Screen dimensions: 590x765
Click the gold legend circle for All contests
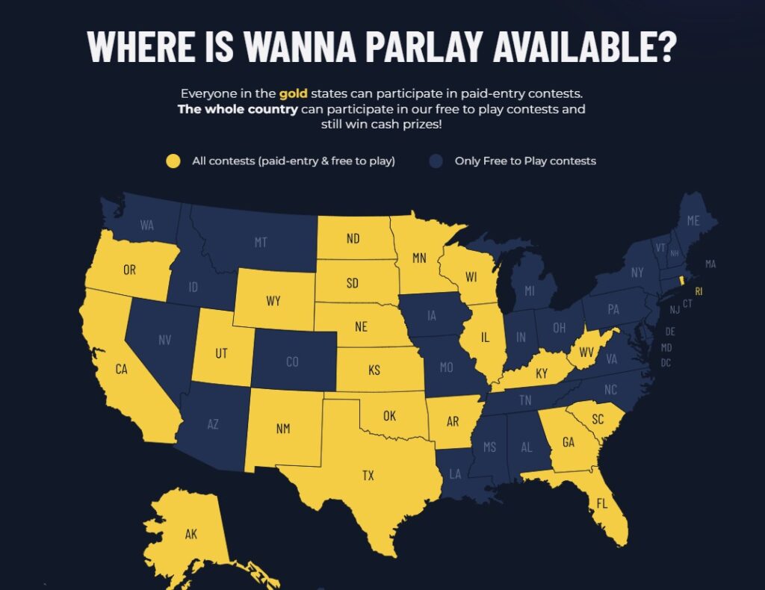pyautogui.click(x=173, y=161)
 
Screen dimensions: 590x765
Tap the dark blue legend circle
pyautogui.click(x=436, y=161)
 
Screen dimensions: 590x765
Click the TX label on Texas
pyautogui.click(x=368, y=475)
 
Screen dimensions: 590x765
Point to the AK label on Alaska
pyautogui.click(x=191, y=534)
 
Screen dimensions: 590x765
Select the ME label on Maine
pyautogui.click(x=693, y=220)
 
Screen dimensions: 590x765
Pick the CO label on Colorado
pyautogui.click(x=292, y=361)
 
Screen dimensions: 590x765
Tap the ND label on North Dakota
pyautogui.click(x=353, y=239)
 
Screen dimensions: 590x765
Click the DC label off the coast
pyautogui.click(x=666, y=363)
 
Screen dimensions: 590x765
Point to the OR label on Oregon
pyautogui.click(x=130, y=270)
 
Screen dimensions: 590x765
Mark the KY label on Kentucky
pyautogui.click(x=542, y=373)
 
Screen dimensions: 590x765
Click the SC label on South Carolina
pyautogui.click(x=598, y=420)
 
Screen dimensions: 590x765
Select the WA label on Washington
pyautogui.click(x=146, y=224)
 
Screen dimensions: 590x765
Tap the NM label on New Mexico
pyautogui.click(x=283, y=429)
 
